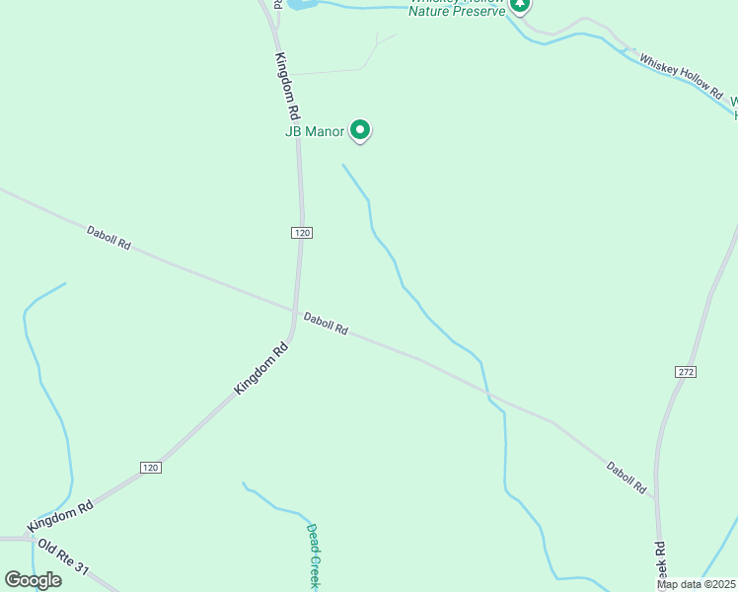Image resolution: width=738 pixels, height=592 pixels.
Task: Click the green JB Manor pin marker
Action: [361, 129]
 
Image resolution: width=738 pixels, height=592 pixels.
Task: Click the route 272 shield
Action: [687, 371]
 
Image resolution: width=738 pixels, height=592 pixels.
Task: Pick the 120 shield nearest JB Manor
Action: [302, 232]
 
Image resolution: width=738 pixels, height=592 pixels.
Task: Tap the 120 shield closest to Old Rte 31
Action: [150, 467]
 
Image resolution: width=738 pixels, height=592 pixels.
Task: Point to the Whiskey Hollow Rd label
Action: [681, 74]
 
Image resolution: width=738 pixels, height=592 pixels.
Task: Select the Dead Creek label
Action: [313, 556]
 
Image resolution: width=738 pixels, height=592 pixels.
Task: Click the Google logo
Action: [33, 580]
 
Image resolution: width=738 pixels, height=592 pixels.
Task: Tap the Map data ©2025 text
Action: [696, 585]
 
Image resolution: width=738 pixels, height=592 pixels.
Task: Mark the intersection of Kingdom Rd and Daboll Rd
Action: [294, 312]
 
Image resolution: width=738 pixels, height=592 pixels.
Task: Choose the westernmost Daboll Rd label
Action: [109, 238]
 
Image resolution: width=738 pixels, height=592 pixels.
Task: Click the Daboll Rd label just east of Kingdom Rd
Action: [326, 323]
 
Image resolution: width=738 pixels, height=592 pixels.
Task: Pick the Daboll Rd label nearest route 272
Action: [627, 477]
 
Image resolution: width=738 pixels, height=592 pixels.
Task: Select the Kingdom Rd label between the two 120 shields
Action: [260, 369]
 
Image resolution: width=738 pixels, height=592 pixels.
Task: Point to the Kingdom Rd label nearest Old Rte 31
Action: [60, 514]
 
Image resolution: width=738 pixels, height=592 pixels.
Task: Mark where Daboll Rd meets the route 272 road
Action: [655, 499]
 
